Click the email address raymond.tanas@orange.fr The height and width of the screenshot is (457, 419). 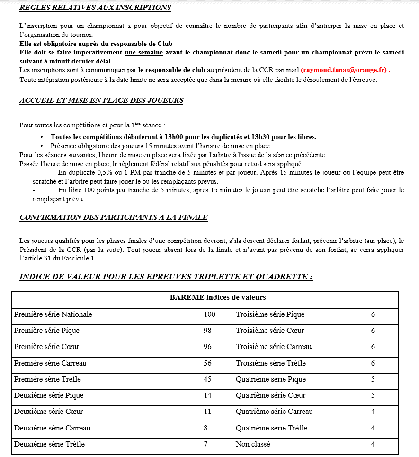tap(343, 70)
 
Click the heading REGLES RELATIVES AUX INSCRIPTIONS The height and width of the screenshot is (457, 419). tap(95, 8)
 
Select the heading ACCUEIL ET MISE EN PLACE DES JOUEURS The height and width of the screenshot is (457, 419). tap(101, 100)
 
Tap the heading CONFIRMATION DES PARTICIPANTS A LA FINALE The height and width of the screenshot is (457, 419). tap(114, 217)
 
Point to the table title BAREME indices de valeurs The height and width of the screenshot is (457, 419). tap(218, 298)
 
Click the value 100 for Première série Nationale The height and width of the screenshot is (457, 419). tap(209, 314)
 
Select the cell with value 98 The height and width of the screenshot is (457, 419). tap(207, 331)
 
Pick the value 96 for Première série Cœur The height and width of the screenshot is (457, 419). tap(207, 347)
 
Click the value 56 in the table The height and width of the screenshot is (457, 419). tap(207, 363)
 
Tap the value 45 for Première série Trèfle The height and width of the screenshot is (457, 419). tap(207, 379)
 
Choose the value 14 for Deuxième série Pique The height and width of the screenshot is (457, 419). tap(207, 395)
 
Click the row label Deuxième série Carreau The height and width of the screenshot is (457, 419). tap(52, 428)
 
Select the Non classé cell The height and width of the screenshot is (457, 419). tap(253, 444)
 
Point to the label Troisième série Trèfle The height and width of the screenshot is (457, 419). tap(271, 363)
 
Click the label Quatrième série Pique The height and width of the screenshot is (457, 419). tap(271, 379)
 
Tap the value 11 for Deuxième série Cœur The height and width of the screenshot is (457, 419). tap(207, 412)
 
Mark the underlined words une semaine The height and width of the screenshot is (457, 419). tap(143, 53)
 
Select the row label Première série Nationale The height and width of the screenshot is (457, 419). tap(53, 314)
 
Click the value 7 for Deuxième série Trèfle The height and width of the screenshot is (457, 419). tap(205, 444)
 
